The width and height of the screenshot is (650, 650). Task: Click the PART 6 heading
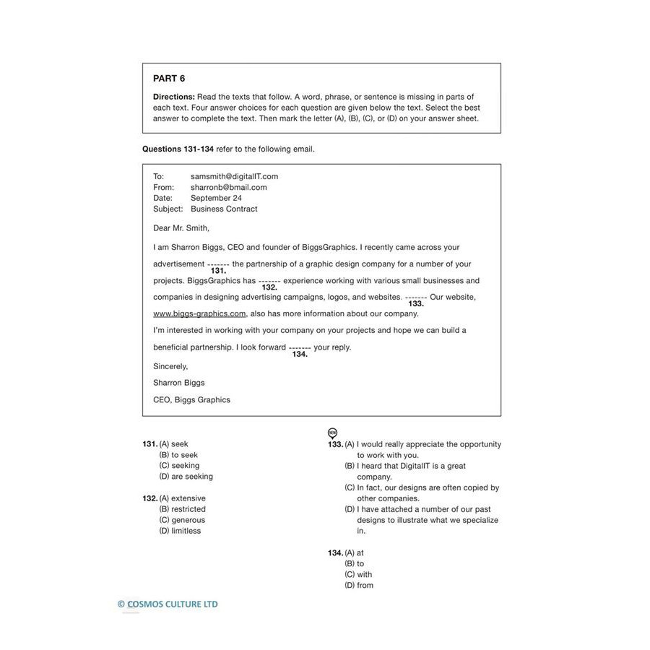(x=169, y=79)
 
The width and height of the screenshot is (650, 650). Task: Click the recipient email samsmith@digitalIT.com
(x=234, y=176)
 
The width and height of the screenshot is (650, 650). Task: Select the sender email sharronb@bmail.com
(x=228, y=187)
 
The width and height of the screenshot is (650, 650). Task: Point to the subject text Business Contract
(x=224, y=209)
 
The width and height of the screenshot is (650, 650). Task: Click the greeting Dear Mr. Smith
(x=181, y=228)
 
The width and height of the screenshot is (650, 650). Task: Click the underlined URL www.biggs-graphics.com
(x=199, y=313)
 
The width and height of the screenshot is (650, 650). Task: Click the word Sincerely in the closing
(x=170, y=366)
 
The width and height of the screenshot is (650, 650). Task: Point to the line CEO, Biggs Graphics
(x=191, y=399)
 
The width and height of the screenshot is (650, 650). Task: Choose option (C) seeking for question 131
(x=179, y=466)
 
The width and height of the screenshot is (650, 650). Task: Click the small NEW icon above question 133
(x=332, y=433)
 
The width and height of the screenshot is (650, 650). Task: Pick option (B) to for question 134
(x=355, y=563)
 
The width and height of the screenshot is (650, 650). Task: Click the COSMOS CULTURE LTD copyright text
(x=168, y=604)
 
